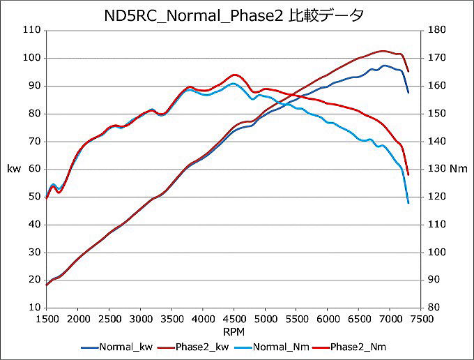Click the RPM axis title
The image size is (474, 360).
coord(234,330)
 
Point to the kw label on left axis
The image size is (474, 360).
coord(13,169)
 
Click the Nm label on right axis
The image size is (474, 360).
coord(458,169)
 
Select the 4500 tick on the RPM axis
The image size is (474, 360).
coord(234,317)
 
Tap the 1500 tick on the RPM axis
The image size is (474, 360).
coord(47,317)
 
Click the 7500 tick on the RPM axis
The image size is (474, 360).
coord(420,317)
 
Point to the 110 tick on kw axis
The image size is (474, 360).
coord(32,31)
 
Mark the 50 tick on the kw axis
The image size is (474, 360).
coord(34,197)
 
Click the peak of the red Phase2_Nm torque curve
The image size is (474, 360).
coord(234,74)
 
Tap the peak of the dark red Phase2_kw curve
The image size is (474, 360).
coord(383,51)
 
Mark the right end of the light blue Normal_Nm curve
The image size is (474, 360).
coord(408,203)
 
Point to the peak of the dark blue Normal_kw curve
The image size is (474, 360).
coord(384,66)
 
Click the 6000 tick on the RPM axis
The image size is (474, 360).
coord(327,317)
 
